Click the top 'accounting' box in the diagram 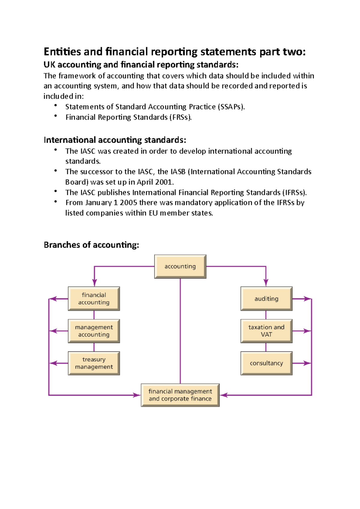(180, 266)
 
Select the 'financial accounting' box (94, 299)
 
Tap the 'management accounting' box (94, 331)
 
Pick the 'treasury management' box (94, 363)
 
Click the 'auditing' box (266, 299)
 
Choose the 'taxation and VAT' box (266, 331)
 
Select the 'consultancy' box (266, 363)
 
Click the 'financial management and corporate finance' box (180, 395)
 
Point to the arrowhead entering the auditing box (266, 282)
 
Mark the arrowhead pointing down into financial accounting (94, 282)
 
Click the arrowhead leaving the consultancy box (307, 363)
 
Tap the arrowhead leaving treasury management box (53, 363)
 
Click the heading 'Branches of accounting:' (91, 245)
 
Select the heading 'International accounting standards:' (115, 140)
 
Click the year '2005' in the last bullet (128, 203)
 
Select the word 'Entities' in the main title (62, 52)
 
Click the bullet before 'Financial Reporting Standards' (56, 116)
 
